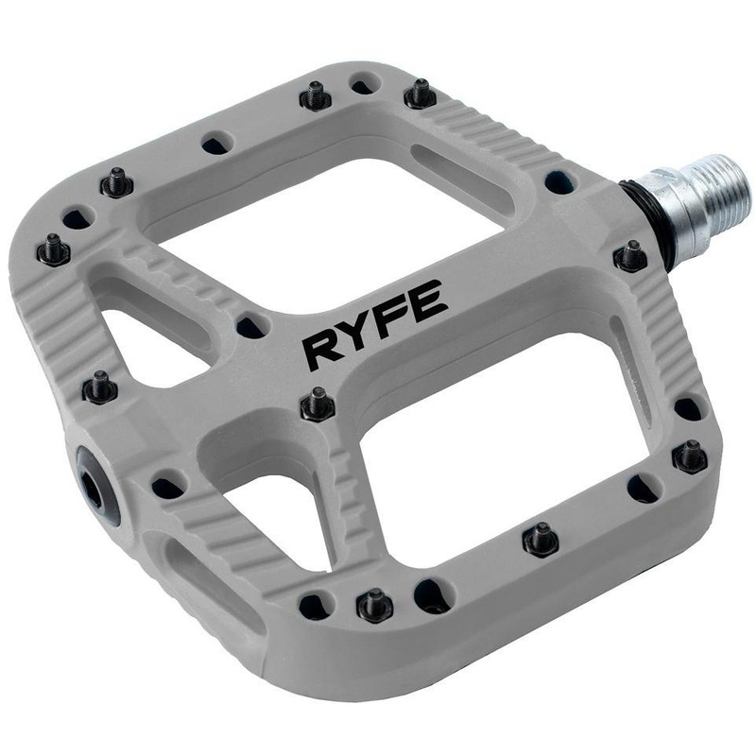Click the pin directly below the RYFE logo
[318, 404]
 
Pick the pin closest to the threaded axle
[629, 255]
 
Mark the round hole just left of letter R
[250, 327]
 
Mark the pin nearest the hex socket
[99, 387]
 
